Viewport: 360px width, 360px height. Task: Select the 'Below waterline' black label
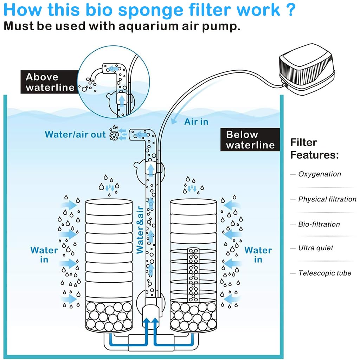[x=250, y=140]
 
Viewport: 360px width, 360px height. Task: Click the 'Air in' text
[x=196, y=122]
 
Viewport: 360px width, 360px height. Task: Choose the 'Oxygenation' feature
[x=319, y=174]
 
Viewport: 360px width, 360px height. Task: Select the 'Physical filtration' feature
[x=327, y=199]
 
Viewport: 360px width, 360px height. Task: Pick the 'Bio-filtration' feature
[x=319, y=224]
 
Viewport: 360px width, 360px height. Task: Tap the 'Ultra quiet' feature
[x=315, y=248]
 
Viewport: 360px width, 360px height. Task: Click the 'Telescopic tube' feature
[x=324, y=273]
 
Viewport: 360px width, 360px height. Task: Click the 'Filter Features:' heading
[x=314, y=148]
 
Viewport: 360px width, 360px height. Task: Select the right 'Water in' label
[x=258, y=255]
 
